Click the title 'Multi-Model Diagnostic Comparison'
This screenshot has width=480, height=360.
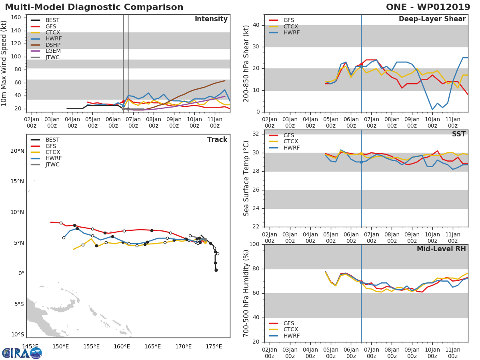click(94, 7)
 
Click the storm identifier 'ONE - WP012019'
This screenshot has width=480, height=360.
click(428, 7)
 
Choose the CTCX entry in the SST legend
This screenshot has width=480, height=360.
click(291, 141)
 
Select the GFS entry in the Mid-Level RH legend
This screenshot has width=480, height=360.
click(291, 323)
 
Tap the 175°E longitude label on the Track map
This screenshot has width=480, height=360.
click(214, 346)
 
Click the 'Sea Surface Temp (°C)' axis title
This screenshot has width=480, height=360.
click(246, 178)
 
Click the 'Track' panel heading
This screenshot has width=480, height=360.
click(217, 140)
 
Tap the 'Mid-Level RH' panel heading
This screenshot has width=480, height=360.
click(441, 249)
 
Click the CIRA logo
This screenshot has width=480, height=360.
click(22, 353)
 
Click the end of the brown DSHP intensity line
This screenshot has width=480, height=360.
click(225, 81)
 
